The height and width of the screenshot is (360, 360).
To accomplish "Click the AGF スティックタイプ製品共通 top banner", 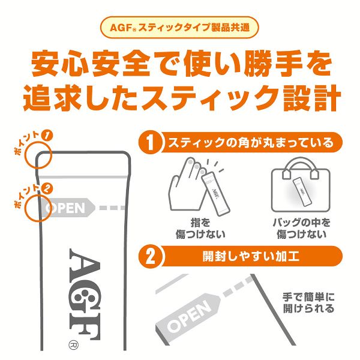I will tap(179, 28).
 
